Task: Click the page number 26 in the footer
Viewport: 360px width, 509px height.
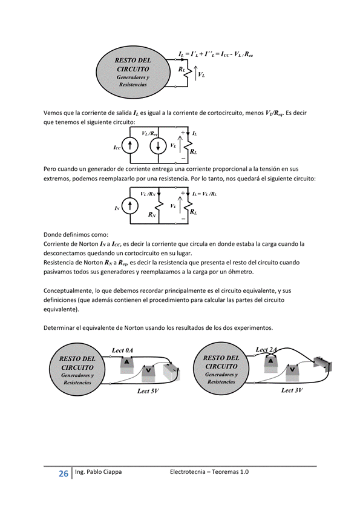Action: point(64,474)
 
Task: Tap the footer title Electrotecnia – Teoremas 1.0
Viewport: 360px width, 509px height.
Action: point(209,471)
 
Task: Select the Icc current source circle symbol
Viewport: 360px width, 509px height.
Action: point(130,146)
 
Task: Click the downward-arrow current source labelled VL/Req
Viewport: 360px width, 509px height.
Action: point(158,146)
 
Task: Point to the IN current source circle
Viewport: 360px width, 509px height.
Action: point(130,206)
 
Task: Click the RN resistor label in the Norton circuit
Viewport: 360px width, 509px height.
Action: point(152,215)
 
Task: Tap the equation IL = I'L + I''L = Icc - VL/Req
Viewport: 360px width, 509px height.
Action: point(215,54)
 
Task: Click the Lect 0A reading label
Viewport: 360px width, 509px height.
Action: point(122,350)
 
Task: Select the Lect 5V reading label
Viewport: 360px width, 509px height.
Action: point(148,391)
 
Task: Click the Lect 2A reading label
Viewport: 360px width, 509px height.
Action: point(266,350)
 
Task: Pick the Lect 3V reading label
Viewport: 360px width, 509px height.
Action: point(292,390)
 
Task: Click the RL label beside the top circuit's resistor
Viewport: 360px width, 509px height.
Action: point(182,70)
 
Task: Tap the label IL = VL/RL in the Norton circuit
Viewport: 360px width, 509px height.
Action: point(205,194)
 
